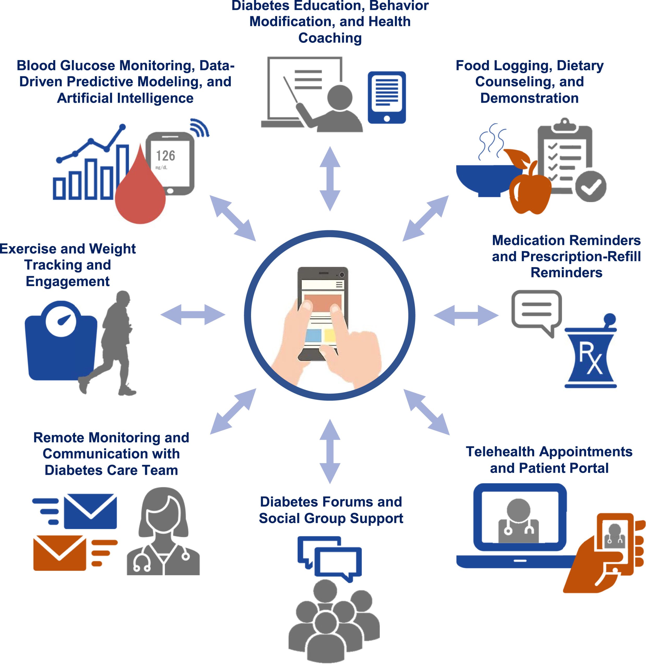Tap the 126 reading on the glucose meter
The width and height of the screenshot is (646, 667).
166,156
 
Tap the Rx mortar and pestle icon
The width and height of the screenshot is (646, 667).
591,357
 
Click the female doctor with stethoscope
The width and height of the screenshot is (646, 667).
163,534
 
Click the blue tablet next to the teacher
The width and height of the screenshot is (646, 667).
387,97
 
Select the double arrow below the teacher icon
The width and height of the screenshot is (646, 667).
330,179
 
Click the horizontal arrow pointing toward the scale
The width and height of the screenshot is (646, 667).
193,315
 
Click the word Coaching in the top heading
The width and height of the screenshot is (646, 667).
330,38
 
